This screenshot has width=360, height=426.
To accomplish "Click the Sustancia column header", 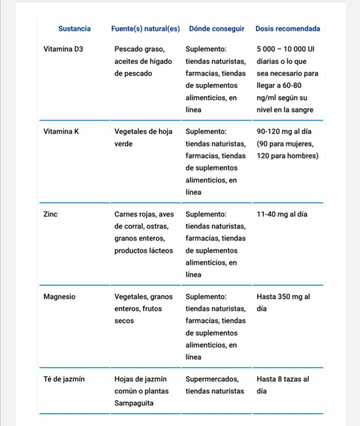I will [x=74, y=29].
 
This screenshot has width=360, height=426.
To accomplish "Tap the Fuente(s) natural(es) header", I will [x=145, y=29].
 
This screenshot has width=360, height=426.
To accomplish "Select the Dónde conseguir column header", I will [x=216, y=29].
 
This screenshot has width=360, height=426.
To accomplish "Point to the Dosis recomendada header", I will [x=288, y=29].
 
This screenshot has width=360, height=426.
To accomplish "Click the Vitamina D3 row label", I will [x=63, y=49].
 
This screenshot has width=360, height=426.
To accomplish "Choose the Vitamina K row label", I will [x=61, y=131].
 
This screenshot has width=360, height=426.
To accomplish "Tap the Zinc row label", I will [x=50, y=214].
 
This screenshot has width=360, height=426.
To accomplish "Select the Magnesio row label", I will [x=59, y=297].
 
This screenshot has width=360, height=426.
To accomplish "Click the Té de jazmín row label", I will [x=64, y=379].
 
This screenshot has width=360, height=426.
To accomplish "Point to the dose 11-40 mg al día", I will [x=282, y=214].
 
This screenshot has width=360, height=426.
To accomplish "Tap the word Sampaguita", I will [x=134, y=403].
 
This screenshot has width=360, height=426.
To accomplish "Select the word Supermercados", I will [x=212, y=379].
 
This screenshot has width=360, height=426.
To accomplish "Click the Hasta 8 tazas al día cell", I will [x=283, y=385].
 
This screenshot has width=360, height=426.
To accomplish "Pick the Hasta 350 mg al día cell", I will [x=283, y=302].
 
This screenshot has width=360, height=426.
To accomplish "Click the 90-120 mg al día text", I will [x=284, y=131].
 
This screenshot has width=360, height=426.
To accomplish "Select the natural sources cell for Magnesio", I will [x=143, y=309].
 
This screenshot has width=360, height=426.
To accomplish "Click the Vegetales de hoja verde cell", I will [x=143, y=137].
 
